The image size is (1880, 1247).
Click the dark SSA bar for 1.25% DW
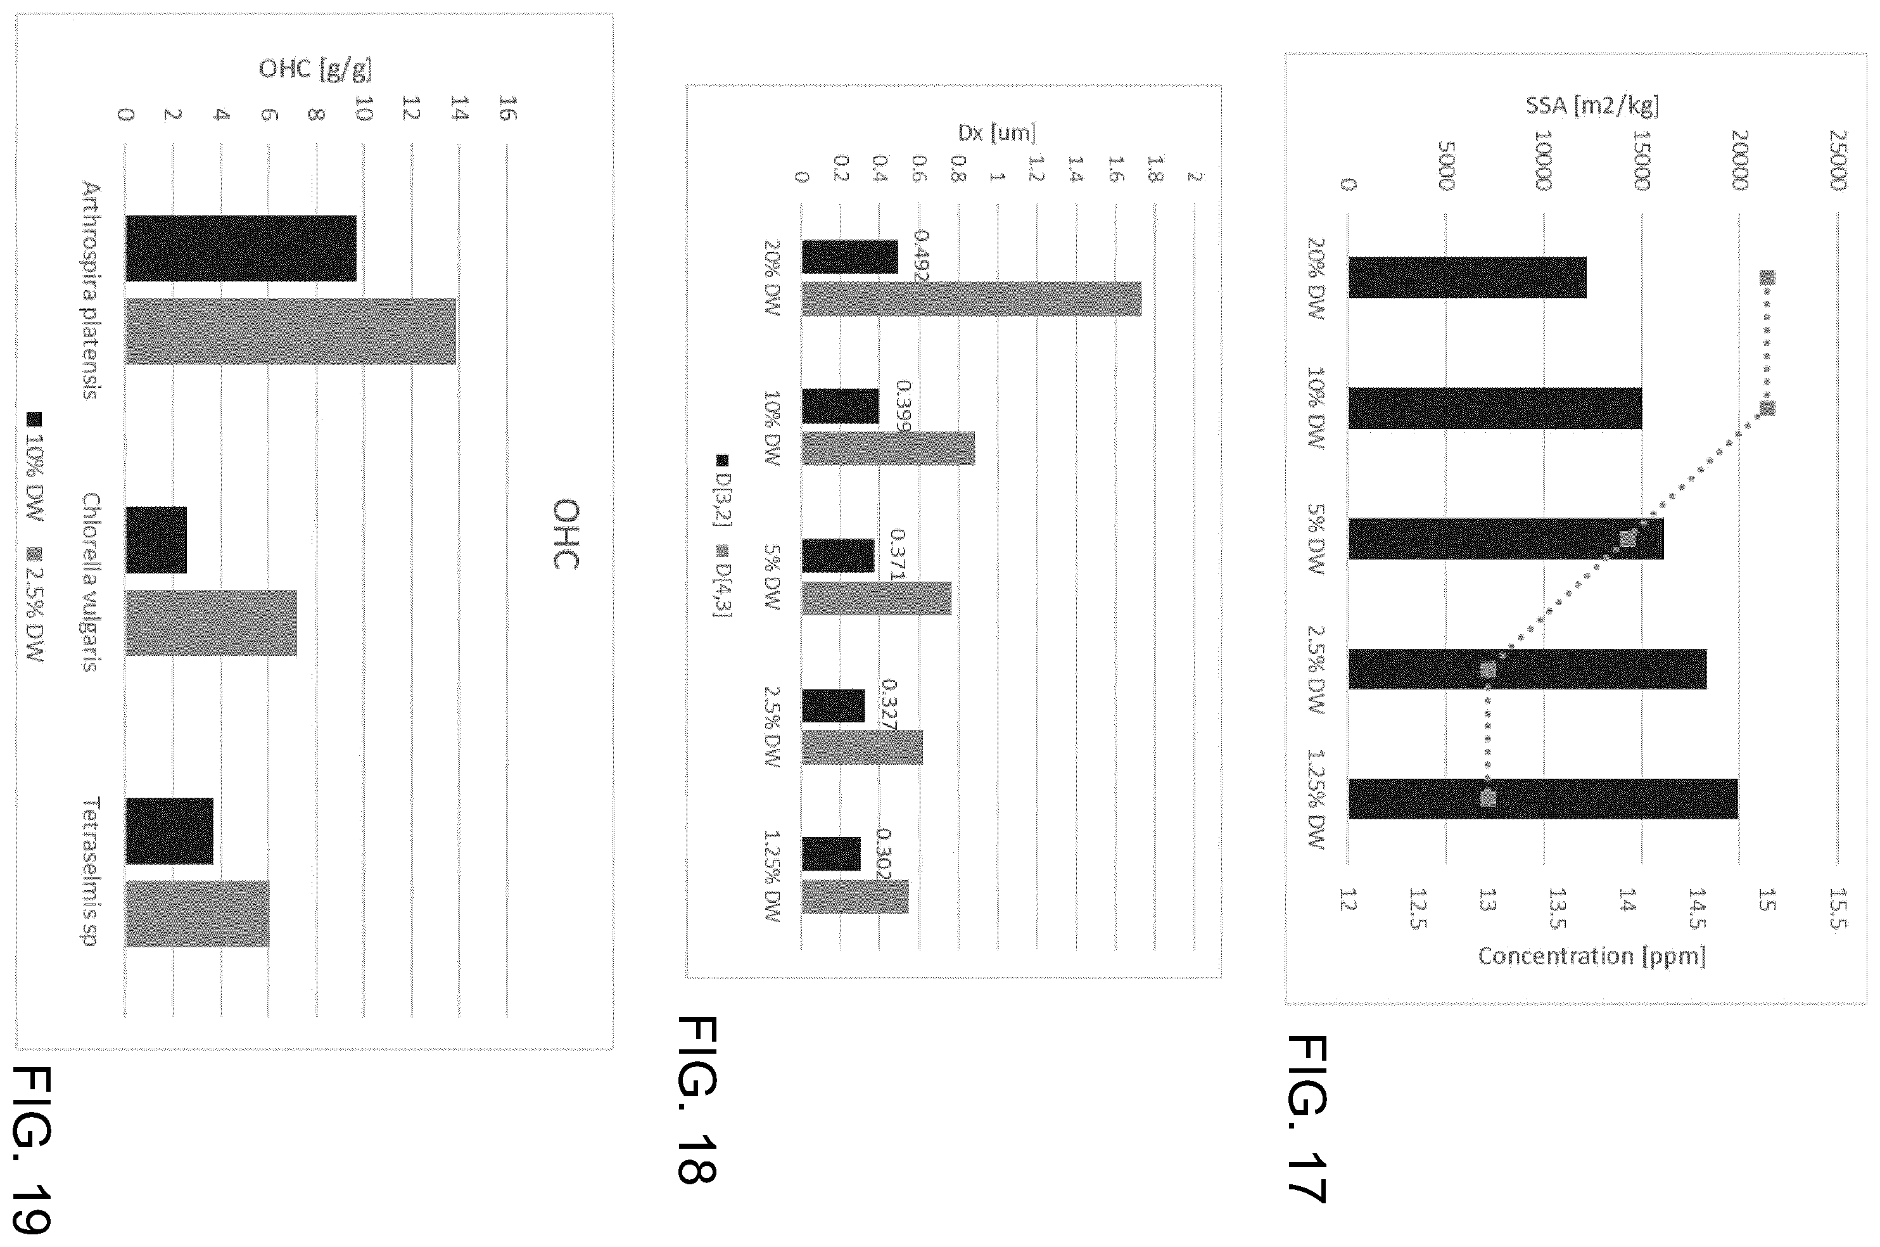[1543, 798]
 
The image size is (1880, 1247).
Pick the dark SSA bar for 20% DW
[1468, 278]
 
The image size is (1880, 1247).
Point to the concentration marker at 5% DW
[1627, 539]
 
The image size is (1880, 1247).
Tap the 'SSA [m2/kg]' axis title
[1592, 106]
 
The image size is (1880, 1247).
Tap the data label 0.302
[883, 854]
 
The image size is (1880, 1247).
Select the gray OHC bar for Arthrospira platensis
[290, 331]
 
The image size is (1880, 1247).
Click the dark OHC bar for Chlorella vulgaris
[156, 540]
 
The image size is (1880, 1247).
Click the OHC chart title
[565, 534]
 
